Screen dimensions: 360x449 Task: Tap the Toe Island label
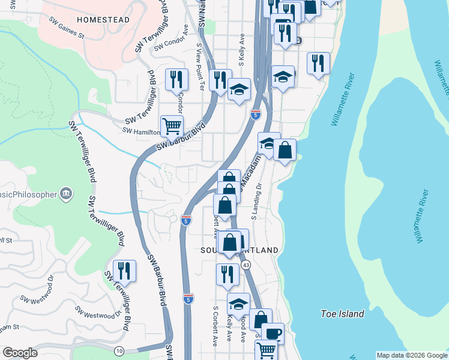click(342, 314)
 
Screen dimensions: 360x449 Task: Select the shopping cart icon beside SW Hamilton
click(172, 126)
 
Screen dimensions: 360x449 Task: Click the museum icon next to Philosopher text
click(66, 194)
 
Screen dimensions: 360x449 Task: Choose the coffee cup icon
click(273, 333)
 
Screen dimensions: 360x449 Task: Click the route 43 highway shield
click(246, 265)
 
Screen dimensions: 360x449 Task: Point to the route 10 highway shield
click(119, 349)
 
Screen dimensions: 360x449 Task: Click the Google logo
click(20, 353)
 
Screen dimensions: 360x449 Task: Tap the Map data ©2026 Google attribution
click(412, 355)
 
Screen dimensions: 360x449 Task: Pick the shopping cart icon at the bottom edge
click(266, 349)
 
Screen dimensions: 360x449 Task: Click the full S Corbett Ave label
click(215, 327)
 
